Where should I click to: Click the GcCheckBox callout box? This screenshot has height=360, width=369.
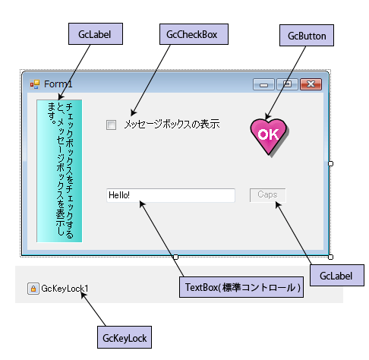(x=194, y=34)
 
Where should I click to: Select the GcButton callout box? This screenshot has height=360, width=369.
(x=307, y=35)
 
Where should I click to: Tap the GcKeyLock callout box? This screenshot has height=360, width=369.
(x=125, y=337)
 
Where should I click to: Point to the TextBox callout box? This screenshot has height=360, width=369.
(x=241, y=287)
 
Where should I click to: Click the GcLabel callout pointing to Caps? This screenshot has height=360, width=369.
(x=337, y=276)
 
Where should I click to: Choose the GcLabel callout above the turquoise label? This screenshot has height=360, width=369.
(x=96, y=34)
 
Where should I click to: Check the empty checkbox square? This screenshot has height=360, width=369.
(x=111, y=125)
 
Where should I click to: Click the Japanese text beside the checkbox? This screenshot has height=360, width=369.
(x=172, y=124)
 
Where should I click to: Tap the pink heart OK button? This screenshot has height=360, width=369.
(x=270, y=137)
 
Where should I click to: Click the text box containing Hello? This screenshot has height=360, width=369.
(x=171, y=195)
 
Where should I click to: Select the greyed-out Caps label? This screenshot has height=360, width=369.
(x=268, y=195)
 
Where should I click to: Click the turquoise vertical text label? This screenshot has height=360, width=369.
(x=59, y=171)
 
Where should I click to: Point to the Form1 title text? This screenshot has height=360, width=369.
(x=58, y=84)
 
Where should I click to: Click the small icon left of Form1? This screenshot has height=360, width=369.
(x=35, y=84)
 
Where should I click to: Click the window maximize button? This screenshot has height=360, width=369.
(x=287, y=84)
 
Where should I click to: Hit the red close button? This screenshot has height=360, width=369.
(x=311, y=84)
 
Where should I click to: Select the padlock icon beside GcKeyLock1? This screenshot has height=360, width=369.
(x=33, y=289)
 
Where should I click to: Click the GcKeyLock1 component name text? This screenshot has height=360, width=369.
(x=65, y=289)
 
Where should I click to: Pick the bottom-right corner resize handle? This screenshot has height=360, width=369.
(x=330, y=257)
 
